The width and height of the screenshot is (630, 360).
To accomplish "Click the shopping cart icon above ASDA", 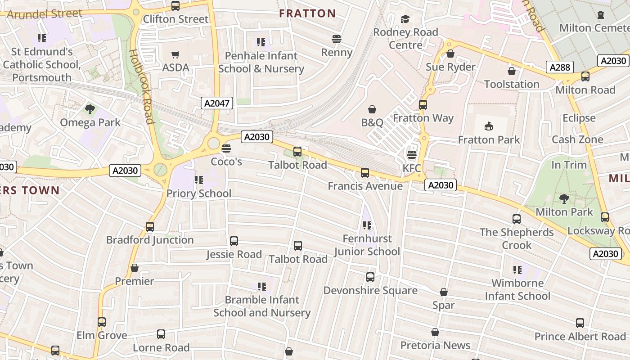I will pos(175,55).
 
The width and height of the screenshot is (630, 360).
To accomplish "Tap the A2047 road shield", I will pos(217,103).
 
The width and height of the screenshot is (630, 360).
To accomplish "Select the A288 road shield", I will pos(560,67).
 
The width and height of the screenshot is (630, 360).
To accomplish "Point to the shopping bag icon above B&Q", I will pos(372,109).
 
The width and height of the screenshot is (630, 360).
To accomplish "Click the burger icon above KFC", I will pos(411,155).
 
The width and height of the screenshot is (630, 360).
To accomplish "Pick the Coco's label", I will pos(226,162).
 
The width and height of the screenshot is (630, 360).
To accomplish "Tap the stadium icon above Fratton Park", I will pos(489,126).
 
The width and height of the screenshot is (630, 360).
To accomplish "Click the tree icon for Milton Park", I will pos(564,198).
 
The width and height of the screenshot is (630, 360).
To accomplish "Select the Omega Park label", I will pos(90,122).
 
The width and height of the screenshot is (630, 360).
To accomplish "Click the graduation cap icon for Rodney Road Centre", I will pos(405,19).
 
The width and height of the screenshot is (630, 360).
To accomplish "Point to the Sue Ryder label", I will pos(450,67).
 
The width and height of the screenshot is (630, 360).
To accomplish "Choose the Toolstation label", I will pos(512,84).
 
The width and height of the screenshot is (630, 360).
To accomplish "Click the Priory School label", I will pos(199,193).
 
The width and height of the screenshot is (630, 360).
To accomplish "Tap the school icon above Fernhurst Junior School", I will pos(367,225).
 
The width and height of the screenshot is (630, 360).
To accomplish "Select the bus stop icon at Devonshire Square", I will pos(370,277).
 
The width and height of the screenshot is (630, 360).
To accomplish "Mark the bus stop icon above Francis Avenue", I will pos(365,173).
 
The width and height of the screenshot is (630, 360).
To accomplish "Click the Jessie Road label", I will pos(234,254).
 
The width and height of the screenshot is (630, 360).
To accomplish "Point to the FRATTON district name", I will pos(307,13).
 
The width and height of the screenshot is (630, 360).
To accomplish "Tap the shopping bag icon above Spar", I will pos(444,292).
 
